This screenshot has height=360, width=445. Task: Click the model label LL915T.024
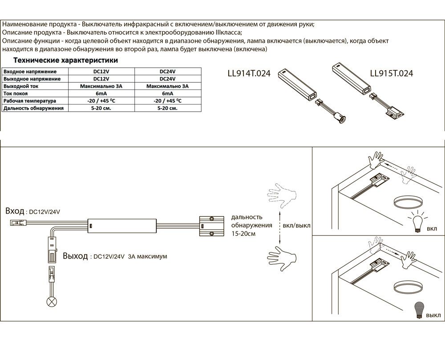coord(391,73)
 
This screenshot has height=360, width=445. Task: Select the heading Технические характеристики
coord(65,60)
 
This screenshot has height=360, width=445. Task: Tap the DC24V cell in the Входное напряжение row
coord(167,71)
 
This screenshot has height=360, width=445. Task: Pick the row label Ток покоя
coord(16,93)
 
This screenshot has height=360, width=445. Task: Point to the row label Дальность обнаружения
coord(33,108)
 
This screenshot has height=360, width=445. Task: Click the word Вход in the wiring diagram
coord(14,211)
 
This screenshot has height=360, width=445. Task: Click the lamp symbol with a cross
coord(52,302)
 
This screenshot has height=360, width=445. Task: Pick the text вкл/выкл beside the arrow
coord(296,226)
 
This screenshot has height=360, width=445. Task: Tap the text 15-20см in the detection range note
coord(243,234)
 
